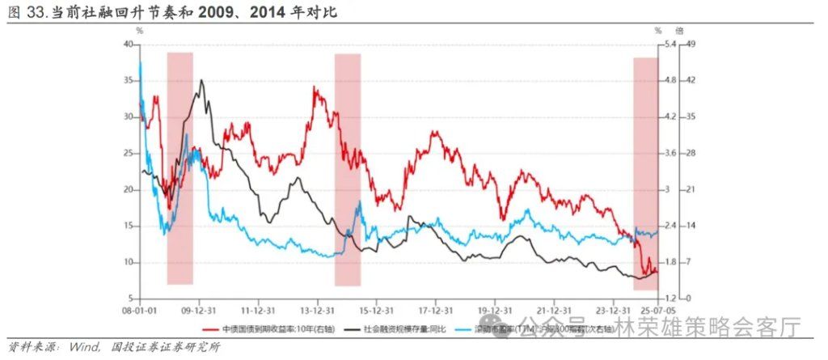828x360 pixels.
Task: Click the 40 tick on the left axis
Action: (127, 44)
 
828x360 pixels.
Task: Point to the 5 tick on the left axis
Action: (129, 299)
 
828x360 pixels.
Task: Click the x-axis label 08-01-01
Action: (137, 311)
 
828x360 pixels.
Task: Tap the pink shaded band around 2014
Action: (347, 170)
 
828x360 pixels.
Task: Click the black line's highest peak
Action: (201, 80)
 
